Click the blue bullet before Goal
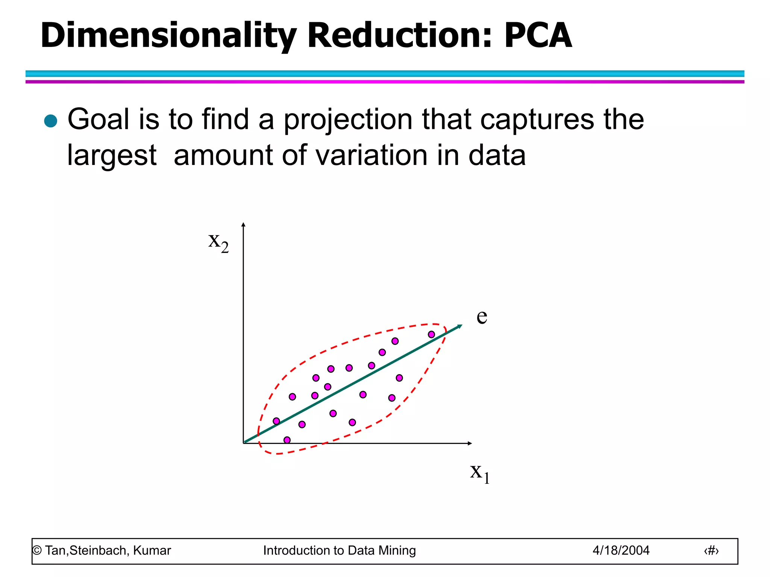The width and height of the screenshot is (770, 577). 51,121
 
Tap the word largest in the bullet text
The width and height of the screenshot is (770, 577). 112,156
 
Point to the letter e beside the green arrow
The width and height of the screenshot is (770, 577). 482,316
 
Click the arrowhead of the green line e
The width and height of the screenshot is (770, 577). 459,326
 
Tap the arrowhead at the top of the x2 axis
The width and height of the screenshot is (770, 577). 243,225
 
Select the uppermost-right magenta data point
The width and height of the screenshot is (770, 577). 431,334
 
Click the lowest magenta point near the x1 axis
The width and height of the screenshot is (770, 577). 287,440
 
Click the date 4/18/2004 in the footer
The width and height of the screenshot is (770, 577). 621,550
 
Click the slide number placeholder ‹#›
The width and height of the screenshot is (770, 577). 711,551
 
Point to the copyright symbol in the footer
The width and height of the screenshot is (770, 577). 37,551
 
